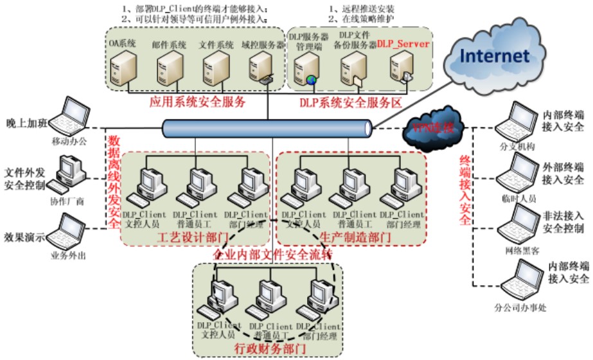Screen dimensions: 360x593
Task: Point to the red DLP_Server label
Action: [403, 43]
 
